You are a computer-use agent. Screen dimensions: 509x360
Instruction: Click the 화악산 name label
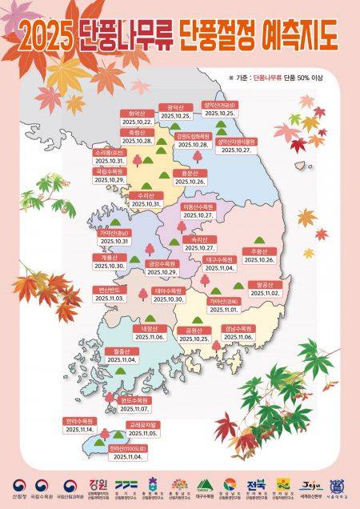tap(134, 114)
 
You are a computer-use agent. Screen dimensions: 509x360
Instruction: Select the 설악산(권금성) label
tap(219, 105)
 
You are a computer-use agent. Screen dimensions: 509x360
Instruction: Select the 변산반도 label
tap(109, 289)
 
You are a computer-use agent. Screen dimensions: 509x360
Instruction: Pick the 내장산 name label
tap(150, 329)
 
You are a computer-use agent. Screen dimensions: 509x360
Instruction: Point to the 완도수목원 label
tap(134, 399)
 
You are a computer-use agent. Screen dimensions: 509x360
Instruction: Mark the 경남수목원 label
tap(238, 329)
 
